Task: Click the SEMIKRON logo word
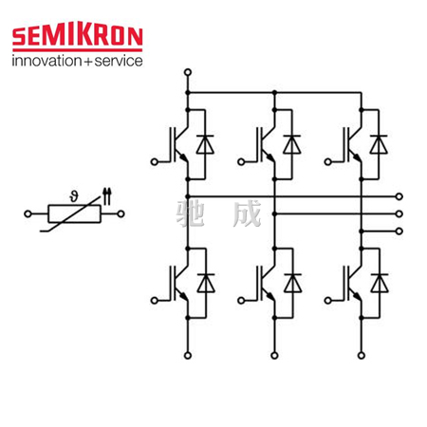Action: pos(78,36)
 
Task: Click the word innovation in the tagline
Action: pos(46,61)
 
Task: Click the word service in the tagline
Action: pos(119,61)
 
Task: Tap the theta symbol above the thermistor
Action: pos(74,196)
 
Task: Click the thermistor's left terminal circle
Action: pos(28,214)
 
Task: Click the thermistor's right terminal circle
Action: pos(121,214)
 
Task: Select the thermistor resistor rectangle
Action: pos(75,214)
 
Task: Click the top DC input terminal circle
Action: pos(188,72)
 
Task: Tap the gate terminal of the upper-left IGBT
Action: pos(155,162)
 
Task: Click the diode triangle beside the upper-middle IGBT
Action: pos(292,146)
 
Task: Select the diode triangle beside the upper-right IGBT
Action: pos(379,146)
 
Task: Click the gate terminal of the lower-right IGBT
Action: pos(328,301)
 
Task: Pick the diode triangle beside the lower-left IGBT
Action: pos(206,285)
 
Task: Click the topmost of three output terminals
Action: pos(399,196)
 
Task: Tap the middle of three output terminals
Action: pos(399,214)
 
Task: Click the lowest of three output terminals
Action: pos(399,232)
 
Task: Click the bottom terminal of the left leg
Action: pos(188,356)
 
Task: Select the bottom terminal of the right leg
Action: pos(362,356)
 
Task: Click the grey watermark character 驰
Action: pos(191,213)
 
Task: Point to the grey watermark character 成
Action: pos(248,213)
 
